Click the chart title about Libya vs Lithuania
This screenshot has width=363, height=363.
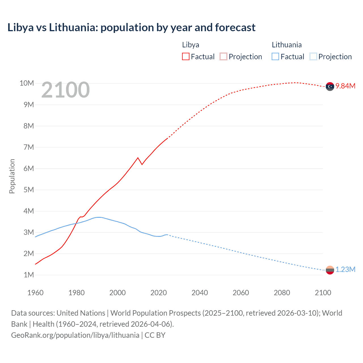click(x=131, y=28)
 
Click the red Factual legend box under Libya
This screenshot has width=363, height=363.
click(x=185, y=56)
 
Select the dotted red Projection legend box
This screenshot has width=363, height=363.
click(x=223, y=56)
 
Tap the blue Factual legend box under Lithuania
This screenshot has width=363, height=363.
click(x=275, y=56)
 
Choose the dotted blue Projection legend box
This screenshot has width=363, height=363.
click(x=313, y=56)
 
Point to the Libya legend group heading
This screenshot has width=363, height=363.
click(x=191, y=45)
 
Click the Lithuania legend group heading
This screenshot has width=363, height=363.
click(x=286, y=45)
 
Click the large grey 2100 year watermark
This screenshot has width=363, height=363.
click(x=66, y=90)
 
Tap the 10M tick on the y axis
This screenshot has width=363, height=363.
click(x=27, y=83)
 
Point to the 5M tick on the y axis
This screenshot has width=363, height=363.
click(x=28, y=190)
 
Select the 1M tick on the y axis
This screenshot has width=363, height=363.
click(x=28, y=275)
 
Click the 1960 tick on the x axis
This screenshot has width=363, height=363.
click(x=35, y=293)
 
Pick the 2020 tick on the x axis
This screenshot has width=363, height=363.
click(x=159, y=293)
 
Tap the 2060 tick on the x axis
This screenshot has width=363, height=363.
click(x=241, y=293)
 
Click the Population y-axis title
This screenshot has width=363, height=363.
click(x=12, y=176)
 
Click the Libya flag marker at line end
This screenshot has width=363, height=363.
click(x=330, y=86)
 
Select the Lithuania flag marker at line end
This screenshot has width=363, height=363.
click(x=330, y=270)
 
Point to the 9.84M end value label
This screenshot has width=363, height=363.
click(x=345, y=86)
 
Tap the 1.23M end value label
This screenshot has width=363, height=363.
click(x=345, y=270)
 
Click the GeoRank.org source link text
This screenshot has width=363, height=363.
click(x=75, y=335)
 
